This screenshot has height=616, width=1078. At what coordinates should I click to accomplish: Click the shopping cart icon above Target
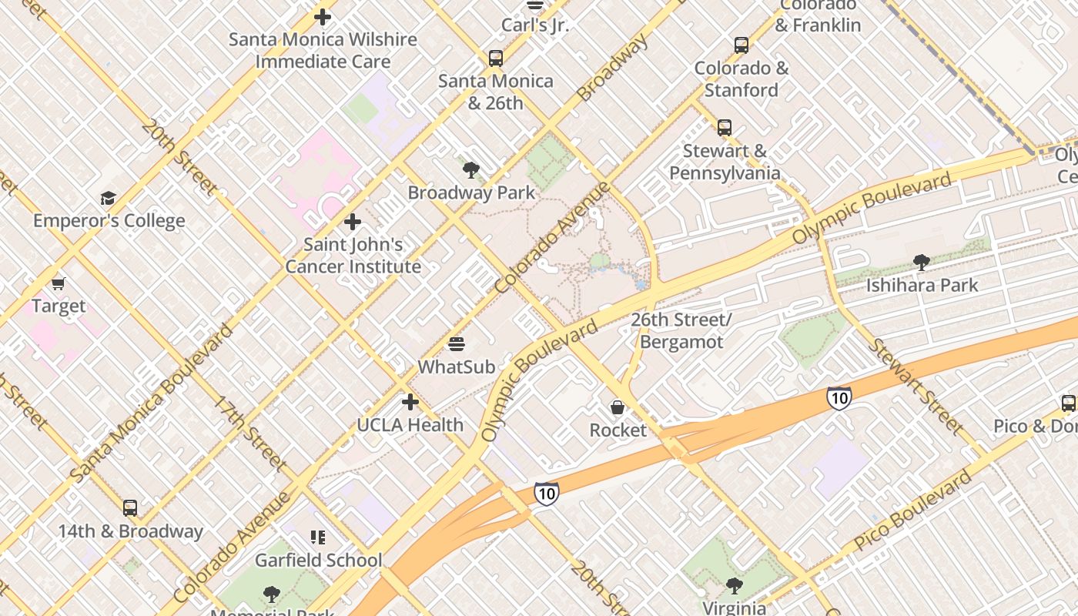point(59,283)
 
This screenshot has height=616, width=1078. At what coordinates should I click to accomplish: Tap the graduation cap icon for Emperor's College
point(108,199)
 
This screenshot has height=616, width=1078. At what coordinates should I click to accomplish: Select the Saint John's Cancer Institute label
point(353,256)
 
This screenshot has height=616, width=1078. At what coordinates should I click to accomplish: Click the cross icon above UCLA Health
point(410,402)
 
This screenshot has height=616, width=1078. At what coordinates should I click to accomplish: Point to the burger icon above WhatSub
point(457,343)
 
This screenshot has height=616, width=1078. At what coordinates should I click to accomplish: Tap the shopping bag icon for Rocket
point(618,407)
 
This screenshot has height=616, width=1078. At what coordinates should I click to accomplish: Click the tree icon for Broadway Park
point(470,169)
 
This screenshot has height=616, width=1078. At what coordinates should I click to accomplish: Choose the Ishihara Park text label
point(922,285)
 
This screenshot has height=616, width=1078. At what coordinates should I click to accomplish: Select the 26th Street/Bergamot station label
point(681,330)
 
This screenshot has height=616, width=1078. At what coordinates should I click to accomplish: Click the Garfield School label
point(318,560)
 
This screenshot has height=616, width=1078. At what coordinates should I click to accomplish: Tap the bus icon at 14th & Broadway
point(130,508)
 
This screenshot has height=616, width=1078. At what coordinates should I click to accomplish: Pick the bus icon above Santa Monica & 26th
point(496,58)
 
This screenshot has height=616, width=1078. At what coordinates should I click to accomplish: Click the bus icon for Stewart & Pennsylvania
point(724,128)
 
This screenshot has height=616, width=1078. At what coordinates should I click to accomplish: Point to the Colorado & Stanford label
point(742,79)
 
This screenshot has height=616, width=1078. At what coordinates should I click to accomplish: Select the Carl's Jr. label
point(535,25)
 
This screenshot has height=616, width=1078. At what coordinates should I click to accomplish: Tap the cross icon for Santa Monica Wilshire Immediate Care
point(323,16)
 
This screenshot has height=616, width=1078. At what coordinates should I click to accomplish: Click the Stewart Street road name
point(916,386)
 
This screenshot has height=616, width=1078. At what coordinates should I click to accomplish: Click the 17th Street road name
point(250,433)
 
